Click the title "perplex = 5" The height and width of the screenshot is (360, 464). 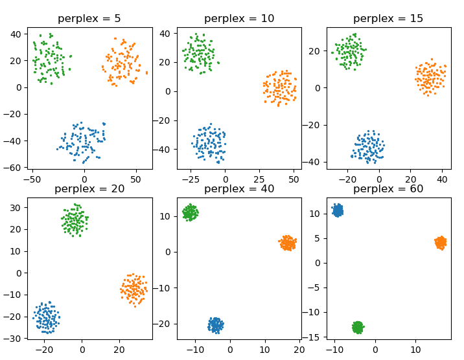pyautogui.click(x=89, y=18)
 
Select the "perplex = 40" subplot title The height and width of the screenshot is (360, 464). pyautogui.click(x=239, y=188)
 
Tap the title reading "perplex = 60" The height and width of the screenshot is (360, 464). pyautogui.click(x=388, y=188)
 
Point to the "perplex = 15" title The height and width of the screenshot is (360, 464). pyautogui.click(x=388, y=18)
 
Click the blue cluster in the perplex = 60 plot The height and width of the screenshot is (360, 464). pyautogui.click(x=338, y=210)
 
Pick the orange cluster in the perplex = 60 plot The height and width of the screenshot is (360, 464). pyautogui.click(x=441, y=243)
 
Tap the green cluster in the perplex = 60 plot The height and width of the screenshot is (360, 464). pyautogui.click(x=357, y=327)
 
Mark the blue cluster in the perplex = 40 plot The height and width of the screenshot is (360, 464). pyautogui.click(x=215, y=324)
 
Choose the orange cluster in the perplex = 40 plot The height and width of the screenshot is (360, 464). pyautogui.click(x=288, y=243)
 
